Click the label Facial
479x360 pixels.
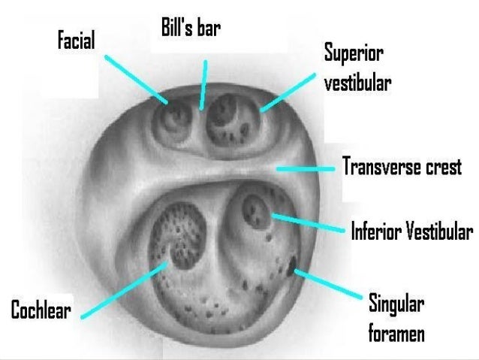[76, 41]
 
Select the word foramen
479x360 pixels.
[396, 332]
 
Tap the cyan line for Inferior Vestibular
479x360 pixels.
[308, 223]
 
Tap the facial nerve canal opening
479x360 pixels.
[176, 117]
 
